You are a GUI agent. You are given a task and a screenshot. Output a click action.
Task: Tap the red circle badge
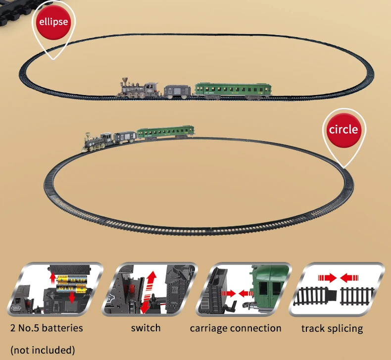342,130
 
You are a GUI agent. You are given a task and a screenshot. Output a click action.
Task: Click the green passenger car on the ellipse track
233,90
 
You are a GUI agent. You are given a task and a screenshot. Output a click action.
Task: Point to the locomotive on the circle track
97,141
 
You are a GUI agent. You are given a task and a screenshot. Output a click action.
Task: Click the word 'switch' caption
146,328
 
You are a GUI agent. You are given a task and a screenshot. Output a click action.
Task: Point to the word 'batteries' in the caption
60,328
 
